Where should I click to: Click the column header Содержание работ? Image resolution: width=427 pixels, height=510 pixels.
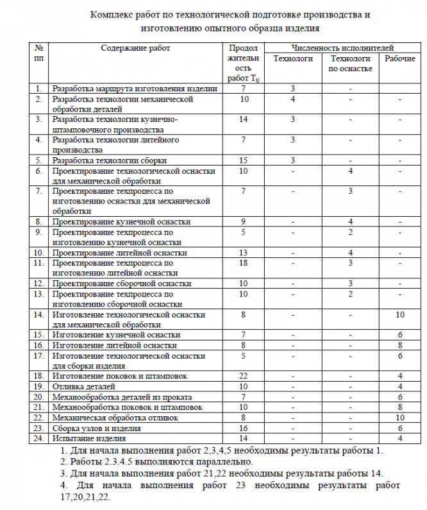point(135,48)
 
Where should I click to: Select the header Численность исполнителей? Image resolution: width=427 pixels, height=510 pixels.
point(342,48)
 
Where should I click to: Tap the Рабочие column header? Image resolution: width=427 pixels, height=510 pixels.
point(399,58)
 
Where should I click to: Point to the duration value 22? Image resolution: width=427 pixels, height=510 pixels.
point(243,376)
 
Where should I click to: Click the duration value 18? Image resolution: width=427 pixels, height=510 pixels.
point(243,263)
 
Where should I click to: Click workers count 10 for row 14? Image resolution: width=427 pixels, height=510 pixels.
point(399,314)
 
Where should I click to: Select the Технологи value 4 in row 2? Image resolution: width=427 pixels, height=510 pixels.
point(292,99)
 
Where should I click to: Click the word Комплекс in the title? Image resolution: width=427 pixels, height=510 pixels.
point(115,14)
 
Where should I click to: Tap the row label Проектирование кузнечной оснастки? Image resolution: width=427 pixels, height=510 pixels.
point(121,221)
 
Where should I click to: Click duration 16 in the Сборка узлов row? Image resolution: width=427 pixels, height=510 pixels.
point(243,428)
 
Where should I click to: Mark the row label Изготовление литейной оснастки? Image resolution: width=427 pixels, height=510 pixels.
point(114,345)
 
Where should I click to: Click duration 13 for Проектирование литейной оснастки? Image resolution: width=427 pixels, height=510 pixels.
point(243,253)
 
